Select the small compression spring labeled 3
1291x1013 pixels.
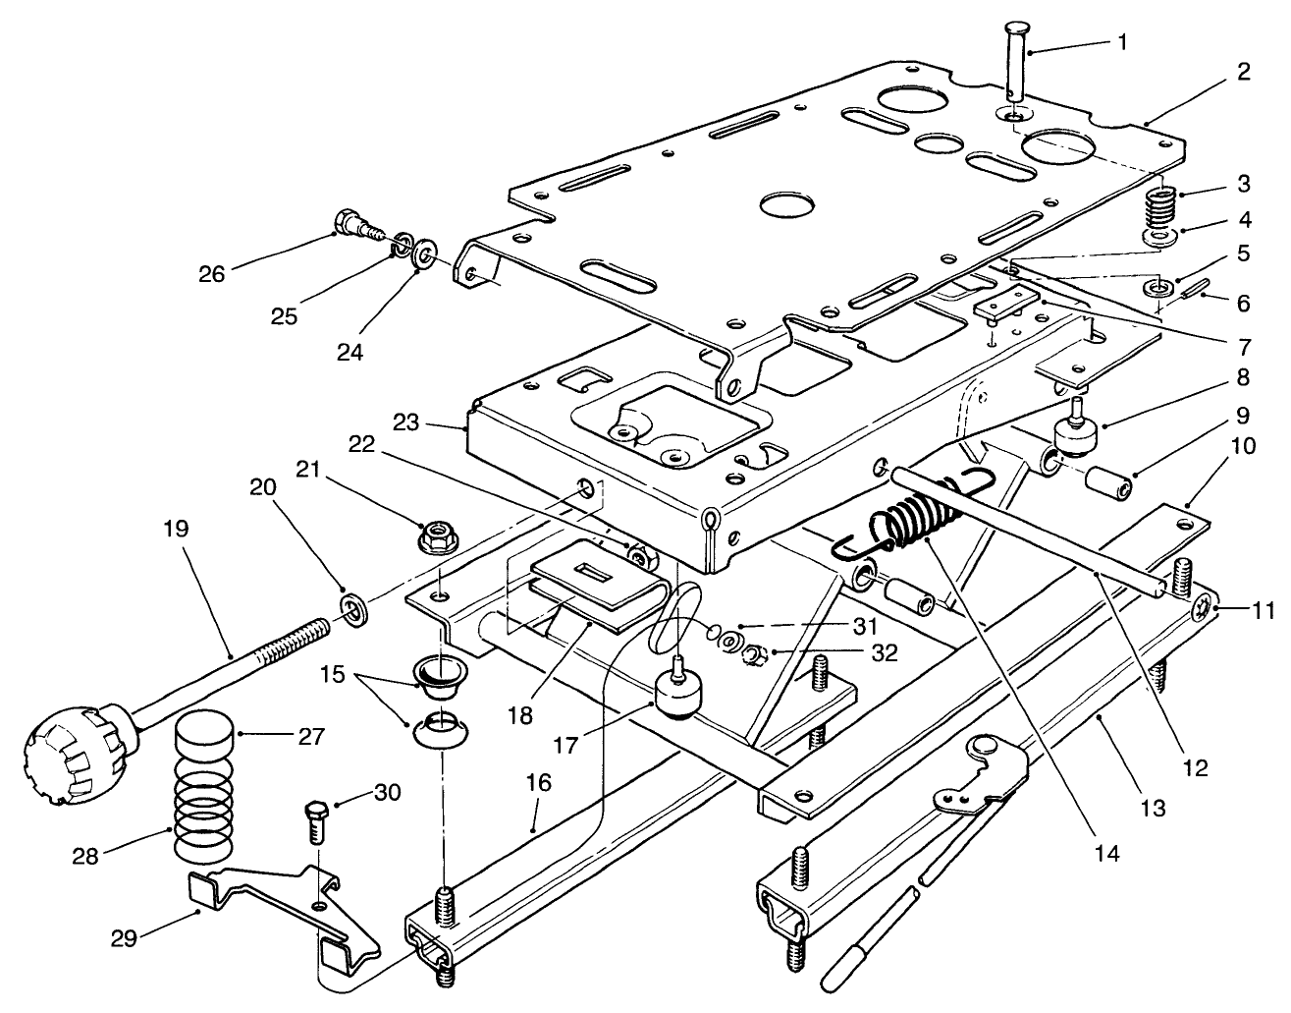pyautogui.click(x=1161, y=207)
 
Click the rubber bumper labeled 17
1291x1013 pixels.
pyautogui.click(x=675, y=695)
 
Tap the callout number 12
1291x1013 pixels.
pyautogui.click(x=1196, y=767)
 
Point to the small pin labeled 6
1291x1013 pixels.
pyautogui.click(x=1194, y=290)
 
